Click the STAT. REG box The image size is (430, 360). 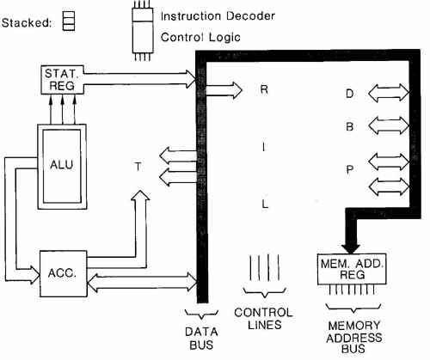pyautogui.click(x=63, y=80)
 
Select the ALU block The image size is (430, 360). pyautogui.click(x=62, y=167)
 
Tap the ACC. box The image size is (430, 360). pyautogui.click(x=63, y=273)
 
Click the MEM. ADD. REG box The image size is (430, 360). pyautogui.click(x=352, y=269)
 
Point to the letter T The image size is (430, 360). pyautogui.click(x=138, y=167)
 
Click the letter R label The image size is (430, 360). pyautogui.click(x=264, y=89)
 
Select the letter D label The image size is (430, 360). pyautogui.click(x=349, y=94)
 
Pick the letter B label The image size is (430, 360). pyautogui.click(x=349, y=126)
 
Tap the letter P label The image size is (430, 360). pyautogui.click(x=349, y=169)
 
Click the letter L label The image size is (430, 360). pyautogui.click(x=265, y=204)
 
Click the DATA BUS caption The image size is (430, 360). pyautogui.click(x=201, y=339)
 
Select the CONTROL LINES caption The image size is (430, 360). pyautogui.click(x=263, y=319)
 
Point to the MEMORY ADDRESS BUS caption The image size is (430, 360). pyautogui.click(x=354, y=337)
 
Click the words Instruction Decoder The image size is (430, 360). pyautogui.click(x=218, y=16)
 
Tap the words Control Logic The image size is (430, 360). pyautogui.click(x=200, y=37)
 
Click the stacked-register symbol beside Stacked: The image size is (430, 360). pyautogui.click(x=69, y=21)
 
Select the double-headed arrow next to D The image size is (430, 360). pyautogui.click(x=389, y=93)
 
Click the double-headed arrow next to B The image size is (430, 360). pyautogui.click(x=389, y=125)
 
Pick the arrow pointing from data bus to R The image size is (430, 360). pyautogui.click(x=224, y=90)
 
